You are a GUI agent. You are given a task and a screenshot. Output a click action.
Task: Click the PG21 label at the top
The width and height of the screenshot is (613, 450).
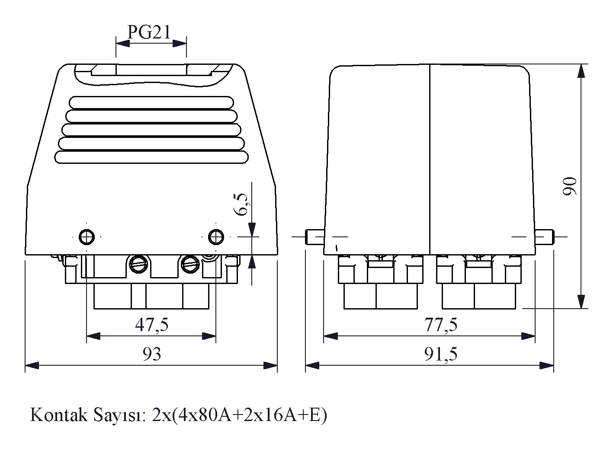pyautogui.click(x=149, y=32)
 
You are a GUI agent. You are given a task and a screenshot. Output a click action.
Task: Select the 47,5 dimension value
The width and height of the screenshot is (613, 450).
pyautogui.click(x=151, y=324)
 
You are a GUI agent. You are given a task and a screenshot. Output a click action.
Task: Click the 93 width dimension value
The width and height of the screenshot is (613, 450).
pyautogui.click(x=151, y=354)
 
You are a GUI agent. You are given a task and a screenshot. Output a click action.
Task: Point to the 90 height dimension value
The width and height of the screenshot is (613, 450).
pyautogui.click(x=570, y=186)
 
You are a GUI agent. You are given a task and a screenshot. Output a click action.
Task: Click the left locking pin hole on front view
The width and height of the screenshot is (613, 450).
pyautogui.click(x=87, y=236)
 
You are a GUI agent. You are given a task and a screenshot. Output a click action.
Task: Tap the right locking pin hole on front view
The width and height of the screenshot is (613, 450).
pyautogui.click(x=216, y=236)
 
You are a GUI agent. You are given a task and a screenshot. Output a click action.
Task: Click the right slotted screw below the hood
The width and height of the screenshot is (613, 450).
pyautogui.click(x=190, y=264)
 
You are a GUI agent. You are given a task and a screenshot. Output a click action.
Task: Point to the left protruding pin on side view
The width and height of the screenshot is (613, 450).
pyautogui.click(x=315, y=237)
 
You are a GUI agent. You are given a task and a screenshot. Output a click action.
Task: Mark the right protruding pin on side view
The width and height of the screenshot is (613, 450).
pyautogui.click(x=544, y=237)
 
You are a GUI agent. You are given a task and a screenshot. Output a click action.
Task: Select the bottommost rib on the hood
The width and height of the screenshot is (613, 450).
pyautogui.click(x=151, y=157)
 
